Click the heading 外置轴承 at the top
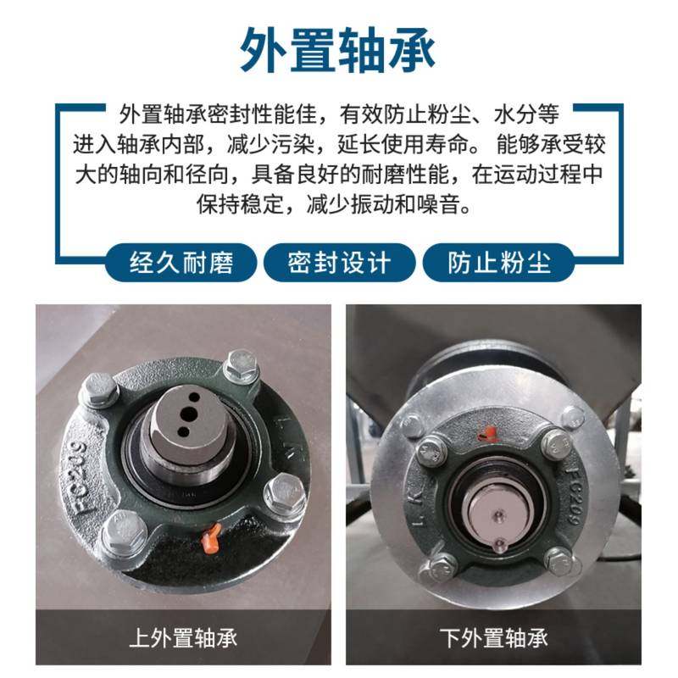pyautogui.click(x=338, y=48)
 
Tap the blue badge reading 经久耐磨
pyautogui.click(x=181, y=263)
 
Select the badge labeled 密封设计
pyautogui.click(x=339, y=263)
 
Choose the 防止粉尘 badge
pyautogui.click(x=498, y=263)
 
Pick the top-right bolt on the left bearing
pyautogui.click(x=241, y=369)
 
